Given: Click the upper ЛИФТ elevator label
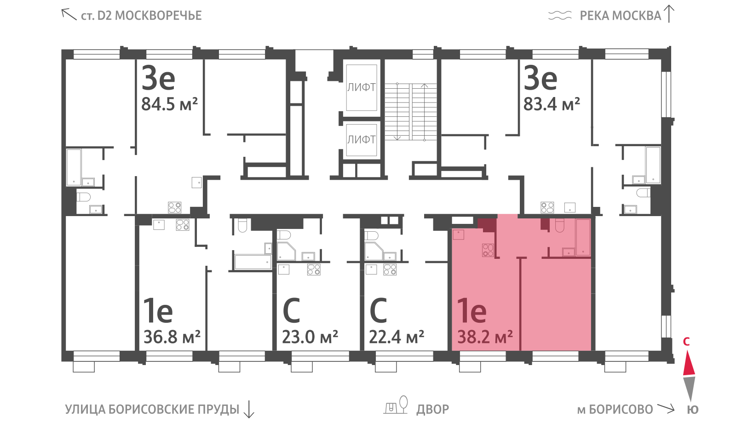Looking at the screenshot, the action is (x=362, y=87).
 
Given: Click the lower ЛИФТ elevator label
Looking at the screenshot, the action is (x=362, y=140).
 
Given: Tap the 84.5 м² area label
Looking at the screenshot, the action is (x=170, y=104).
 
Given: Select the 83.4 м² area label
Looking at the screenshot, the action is (x=552, y=104).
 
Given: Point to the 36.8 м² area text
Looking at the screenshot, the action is (x=172, y=337).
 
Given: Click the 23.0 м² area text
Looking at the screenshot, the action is (x=310, y=337).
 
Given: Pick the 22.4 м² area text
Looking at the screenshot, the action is (x=397, y=337).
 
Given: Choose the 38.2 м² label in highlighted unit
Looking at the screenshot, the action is (x=485, y=337).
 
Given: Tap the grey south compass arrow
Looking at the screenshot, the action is (x=689, y=389).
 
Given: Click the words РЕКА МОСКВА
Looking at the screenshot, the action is (x=621, y=16).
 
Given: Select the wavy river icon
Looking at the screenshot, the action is (x=560, y=15).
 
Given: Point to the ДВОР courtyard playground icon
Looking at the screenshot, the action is (x=396, y=405).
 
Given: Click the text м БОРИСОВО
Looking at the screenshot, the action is (x=615, y=410).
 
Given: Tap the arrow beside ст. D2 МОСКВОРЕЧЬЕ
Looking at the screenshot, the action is (x=69, y=14).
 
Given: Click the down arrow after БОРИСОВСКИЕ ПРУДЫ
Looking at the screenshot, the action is (x=249, y=409).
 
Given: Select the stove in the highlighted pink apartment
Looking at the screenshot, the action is (x=488, y=250).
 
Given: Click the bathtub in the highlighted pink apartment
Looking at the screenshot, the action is (x=583, y=237).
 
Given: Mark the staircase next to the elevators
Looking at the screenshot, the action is (x=411, y=112).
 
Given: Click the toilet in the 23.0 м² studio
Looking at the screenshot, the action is (x=283, y=235).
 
